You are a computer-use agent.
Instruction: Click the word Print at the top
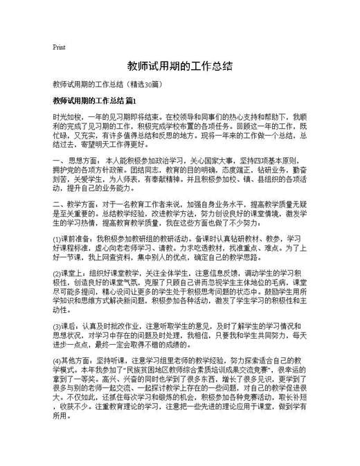pyautogui.click(x=59, y=48)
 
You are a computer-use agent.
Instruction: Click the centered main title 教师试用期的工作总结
pyautogui.click(x=179, y=66)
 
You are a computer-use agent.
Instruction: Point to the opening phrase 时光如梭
pyautogui.click(x=66, y=118)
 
